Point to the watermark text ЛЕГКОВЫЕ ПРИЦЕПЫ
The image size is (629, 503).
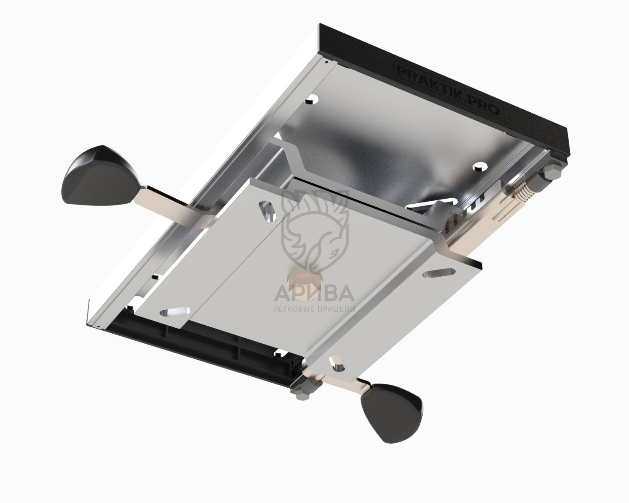(314, 309)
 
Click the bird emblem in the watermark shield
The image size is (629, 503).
(316, 231)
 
